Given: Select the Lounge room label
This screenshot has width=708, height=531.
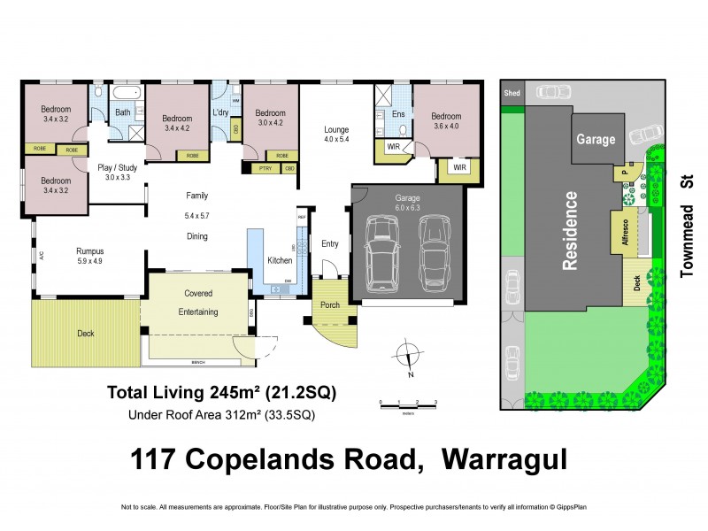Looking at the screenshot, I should [x=336, y=130].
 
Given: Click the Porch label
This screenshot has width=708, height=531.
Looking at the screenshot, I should [x=330, y=305].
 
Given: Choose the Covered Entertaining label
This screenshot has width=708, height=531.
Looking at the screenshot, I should [x=197, y=303].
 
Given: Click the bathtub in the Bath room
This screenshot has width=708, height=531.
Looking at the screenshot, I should [x=127, y=92].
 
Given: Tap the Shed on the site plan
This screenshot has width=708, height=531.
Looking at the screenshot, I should [x=511, y=92].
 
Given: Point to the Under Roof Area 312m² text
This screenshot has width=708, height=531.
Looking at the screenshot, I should [x=221, y=414].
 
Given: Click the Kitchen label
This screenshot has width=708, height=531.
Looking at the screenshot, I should [x=280, y=260].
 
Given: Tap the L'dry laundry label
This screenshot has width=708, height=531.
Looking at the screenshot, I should [x=221, y=113].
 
